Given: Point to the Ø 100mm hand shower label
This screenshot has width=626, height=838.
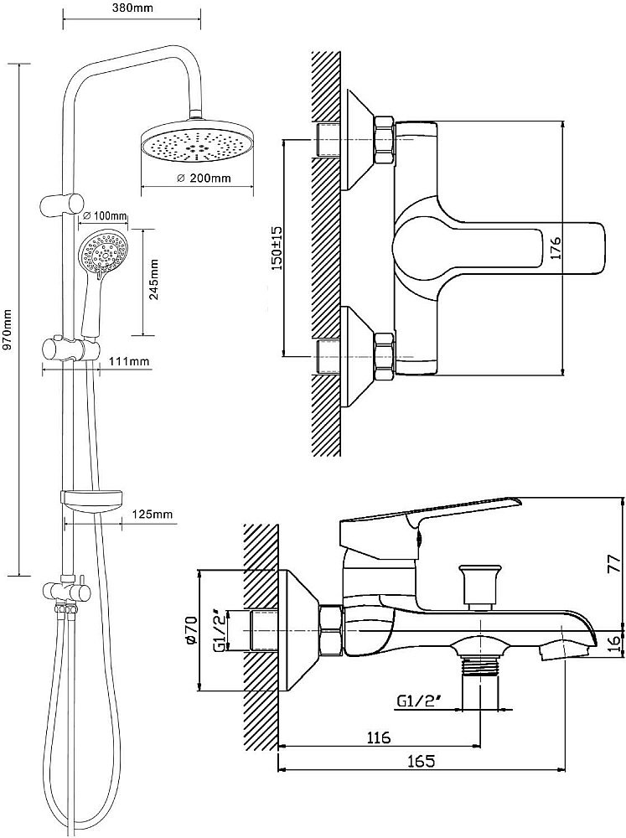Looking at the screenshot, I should coord(105,216).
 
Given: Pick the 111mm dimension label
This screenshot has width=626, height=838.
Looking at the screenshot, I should coord(130,361).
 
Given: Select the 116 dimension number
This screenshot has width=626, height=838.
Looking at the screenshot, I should coord(379,737).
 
